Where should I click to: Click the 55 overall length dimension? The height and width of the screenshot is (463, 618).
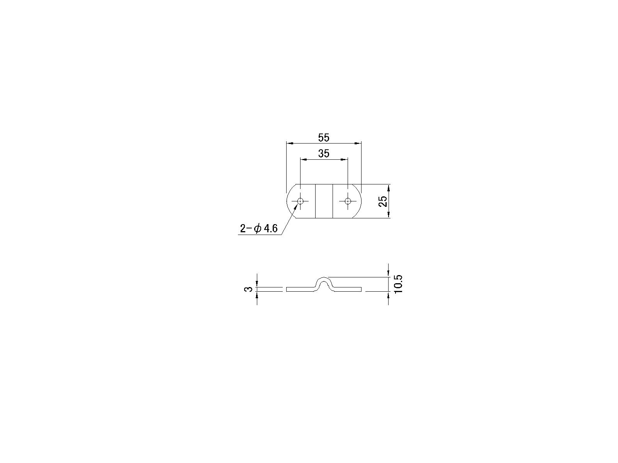pyautogui.click(x=324, y=138)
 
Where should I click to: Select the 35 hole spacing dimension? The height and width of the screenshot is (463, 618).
pyautogui.click(x=324, y=154)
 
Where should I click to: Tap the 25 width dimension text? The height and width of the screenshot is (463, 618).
pyautogui.click(x=383, y=201)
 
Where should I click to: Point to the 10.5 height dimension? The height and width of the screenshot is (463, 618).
pyautogui.click(x=398, y=284)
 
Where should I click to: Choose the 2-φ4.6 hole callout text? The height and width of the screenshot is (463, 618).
pyautogui.click(x=259, y=228)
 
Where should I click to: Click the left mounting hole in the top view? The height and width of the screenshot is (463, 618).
pyautogui.click(x=300, y=201)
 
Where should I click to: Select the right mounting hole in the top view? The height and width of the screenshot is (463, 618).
pyautogui.click(x=348, y=201)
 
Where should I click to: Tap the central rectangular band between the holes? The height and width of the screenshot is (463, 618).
pyautogui.click(x=324, y=201)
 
